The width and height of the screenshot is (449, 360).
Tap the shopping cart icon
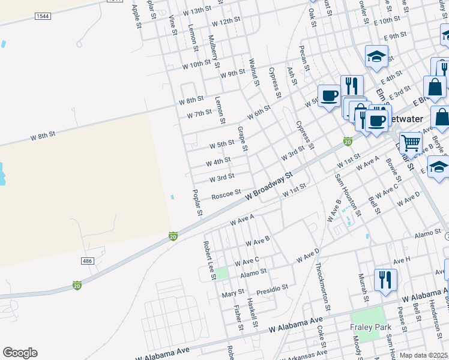point(411,143)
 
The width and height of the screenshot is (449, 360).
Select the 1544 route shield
point(43,16)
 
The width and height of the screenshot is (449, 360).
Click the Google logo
point(20,353)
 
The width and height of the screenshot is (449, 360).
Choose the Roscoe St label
point(226,195)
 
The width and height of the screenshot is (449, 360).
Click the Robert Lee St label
point(209,260)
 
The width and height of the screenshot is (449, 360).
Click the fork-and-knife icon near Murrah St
point(385,280)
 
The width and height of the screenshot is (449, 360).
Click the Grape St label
point(243,139)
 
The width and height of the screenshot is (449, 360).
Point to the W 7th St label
point(199,113)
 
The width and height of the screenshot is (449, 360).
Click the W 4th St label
point(218,162)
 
